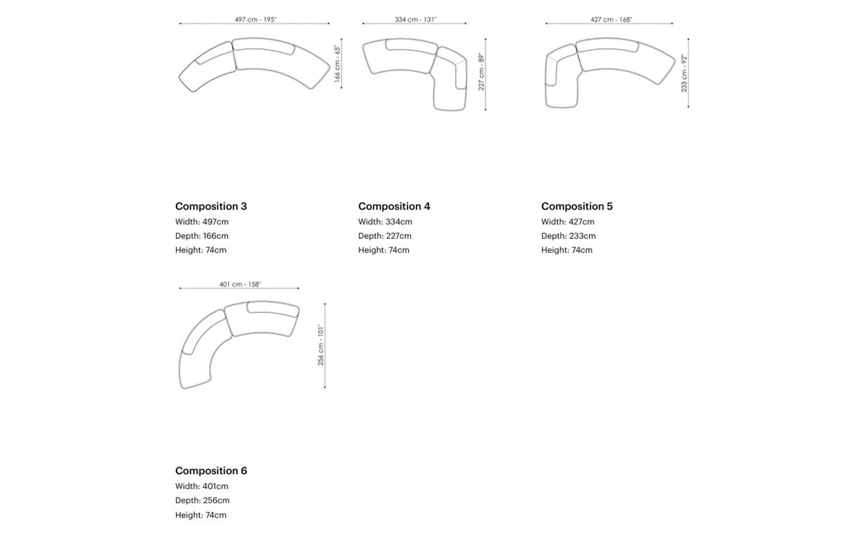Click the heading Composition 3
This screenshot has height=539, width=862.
(x=211, y=207)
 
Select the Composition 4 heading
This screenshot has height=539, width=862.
(x=394, y=207)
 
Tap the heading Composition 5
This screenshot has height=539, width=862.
(x=577, y=207)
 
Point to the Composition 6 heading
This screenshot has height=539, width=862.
(x=211, y=471)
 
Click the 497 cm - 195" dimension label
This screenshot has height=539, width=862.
(x=256, y=19)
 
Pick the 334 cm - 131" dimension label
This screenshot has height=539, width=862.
(x=415, y=19)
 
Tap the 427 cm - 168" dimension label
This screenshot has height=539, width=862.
(x=611, y=19)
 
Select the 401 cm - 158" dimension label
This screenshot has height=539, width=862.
(x=240, y=284)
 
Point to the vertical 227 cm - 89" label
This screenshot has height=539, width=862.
(x=481, y=72)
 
